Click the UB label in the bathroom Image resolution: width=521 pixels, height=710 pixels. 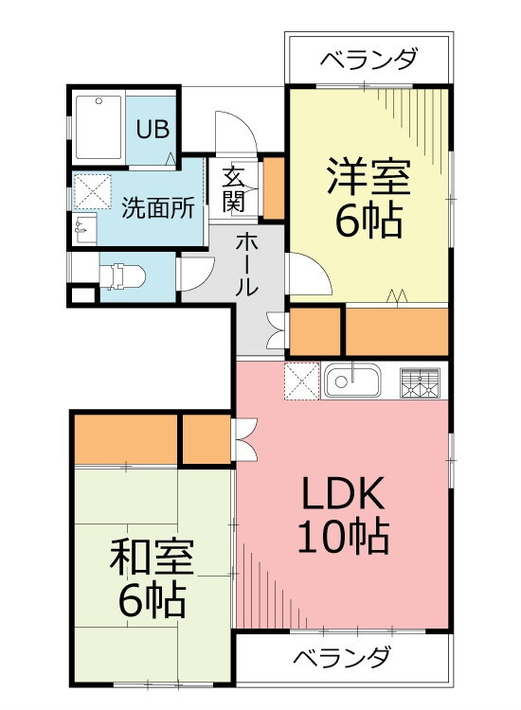150,129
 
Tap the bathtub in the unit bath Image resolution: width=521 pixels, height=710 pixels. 98,128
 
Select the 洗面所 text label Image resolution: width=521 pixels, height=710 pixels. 158,207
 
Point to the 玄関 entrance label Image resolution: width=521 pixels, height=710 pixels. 234,188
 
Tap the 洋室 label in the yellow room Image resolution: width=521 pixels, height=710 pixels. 368,178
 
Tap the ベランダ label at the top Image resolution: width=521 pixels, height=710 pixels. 368,61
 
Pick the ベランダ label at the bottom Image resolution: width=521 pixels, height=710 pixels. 341,657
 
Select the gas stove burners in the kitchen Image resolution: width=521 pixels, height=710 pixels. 422,382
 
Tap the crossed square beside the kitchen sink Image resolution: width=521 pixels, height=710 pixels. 301,382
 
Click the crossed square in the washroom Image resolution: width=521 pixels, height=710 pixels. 93,190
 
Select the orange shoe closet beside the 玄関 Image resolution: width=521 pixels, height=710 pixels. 273,188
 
